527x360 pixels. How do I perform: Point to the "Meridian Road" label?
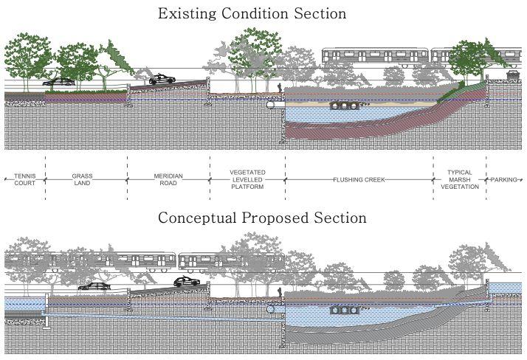coord(168,179)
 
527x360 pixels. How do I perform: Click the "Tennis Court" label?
coord(24,179)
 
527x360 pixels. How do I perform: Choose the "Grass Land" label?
coord(82,179)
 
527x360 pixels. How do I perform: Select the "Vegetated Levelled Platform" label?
coord(247,179)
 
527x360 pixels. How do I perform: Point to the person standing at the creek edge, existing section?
coord(280,89)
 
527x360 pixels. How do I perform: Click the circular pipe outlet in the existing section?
coord(272,105)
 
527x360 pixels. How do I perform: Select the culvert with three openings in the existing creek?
coord(343,105)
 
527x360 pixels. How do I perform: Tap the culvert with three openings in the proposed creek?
coord(343,309)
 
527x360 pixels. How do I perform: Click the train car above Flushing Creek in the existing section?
coord(375,57)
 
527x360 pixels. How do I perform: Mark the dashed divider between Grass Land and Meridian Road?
coord(128,179)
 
